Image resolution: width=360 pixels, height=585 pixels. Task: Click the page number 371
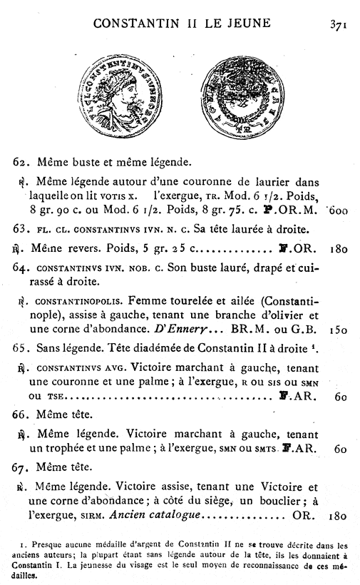click(x=337, y=24)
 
